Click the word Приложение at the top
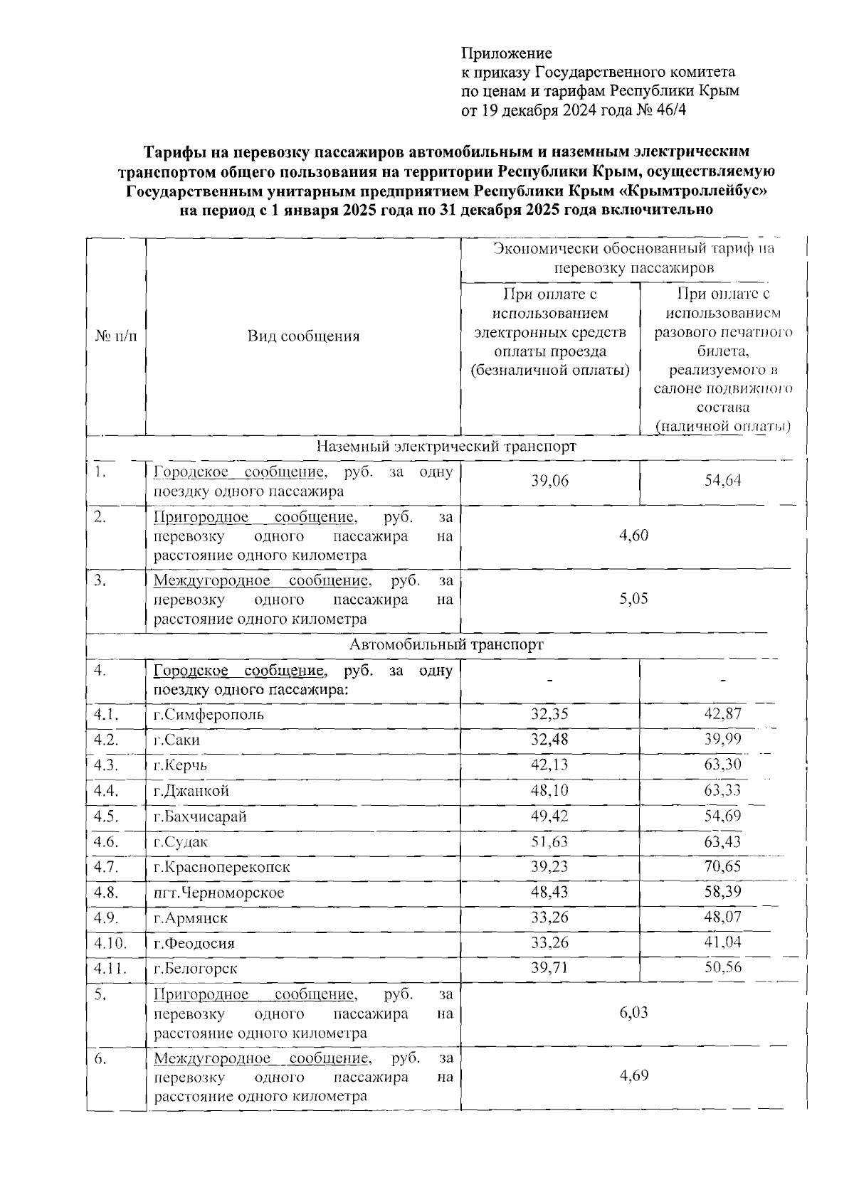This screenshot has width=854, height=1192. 507,53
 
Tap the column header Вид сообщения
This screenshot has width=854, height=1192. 303,336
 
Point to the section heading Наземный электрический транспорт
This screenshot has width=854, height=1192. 446,447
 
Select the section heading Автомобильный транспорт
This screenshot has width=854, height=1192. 446,644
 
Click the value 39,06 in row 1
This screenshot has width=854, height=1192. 549,481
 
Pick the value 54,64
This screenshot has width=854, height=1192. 722,481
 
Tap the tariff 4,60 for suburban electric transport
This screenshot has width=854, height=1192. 633,536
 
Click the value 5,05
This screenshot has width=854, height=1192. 633,599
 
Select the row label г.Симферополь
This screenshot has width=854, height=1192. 209,715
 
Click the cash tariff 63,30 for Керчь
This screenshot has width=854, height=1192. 722,765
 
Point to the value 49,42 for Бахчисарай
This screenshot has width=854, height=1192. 549,816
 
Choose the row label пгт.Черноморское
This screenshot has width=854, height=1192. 219,893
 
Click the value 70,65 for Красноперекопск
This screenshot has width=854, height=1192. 722,867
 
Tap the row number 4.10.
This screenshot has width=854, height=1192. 110,944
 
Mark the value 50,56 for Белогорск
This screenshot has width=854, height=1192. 722,969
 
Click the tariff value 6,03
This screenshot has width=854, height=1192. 633,1013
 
